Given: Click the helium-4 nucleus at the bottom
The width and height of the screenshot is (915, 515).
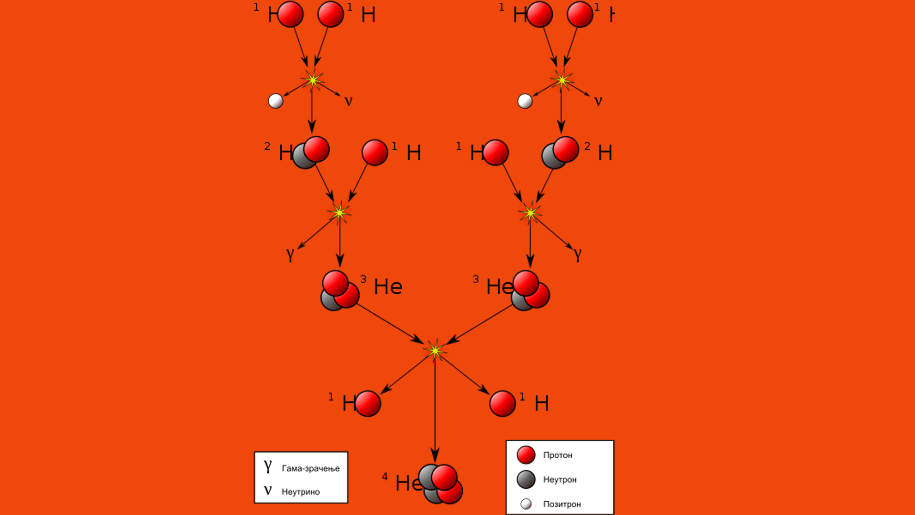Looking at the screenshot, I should (441, 484).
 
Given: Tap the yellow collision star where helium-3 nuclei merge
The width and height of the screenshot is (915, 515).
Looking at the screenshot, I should (435, 351).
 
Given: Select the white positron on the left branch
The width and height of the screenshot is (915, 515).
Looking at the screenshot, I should (275, 101).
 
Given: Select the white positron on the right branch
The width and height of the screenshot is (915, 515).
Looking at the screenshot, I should (525, 101).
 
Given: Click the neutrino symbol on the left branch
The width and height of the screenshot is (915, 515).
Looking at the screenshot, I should (348, 101).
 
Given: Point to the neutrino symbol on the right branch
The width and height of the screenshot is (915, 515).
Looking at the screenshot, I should (598, 101).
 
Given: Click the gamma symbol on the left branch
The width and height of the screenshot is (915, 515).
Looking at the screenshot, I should (290, 254).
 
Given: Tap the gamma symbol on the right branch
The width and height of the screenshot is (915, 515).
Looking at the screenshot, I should (578, 254).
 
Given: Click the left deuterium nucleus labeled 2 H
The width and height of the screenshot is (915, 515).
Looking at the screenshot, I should (311, 153).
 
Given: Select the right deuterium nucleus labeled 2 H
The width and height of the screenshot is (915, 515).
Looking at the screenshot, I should (560, 153).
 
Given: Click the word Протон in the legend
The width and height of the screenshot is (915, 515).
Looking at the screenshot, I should (558, 455).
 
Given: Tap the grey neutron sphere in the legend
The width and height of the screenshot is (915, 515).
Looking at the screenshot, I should (526, 480).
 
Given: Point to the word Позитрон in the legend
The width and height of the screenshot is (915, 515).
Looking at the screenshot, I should (562, 504).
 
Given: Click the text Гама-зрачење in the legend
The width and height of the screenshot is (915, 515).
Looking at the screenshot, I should (311, 468).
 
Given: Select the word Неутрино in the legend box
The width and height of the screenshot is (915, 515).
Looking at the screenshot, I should (301, 492).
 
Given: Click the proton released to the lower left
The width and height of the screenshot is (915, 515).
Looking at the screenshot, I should (368, 404).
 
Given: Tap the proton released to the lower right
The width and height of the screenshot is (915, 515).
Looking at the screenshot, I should (502, 404).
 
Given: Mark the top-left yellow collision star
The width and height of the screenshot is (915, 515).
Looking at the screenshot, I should (313, 80).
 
